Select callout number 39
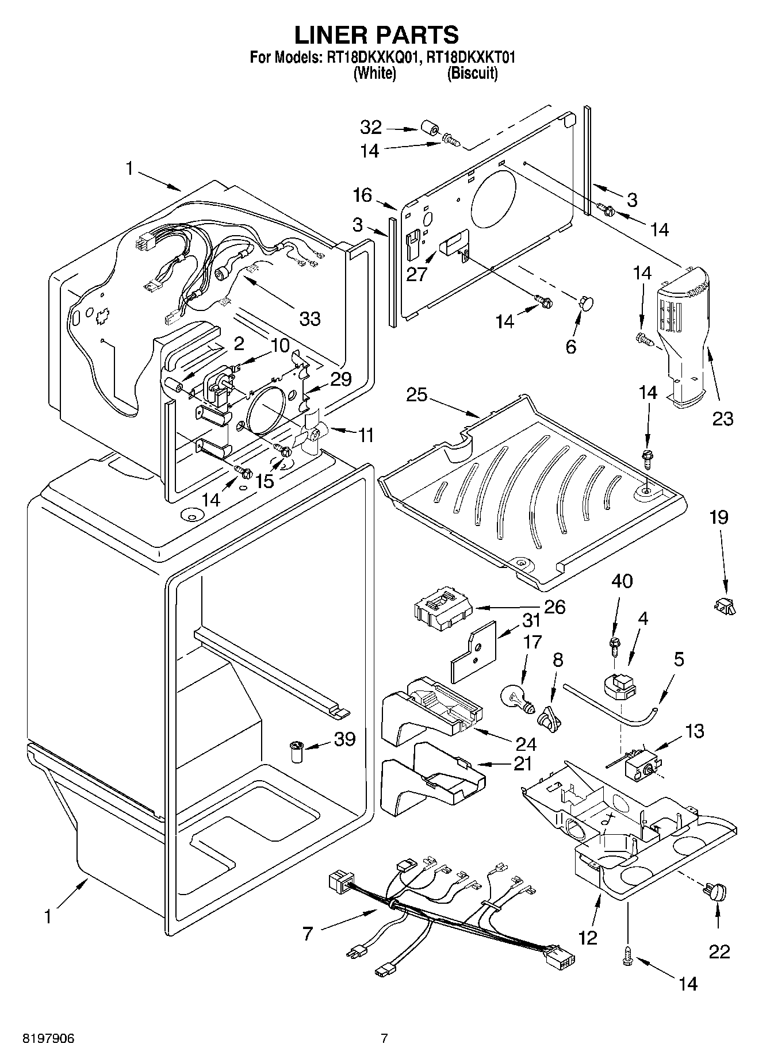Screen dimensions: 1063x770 pos(344,739)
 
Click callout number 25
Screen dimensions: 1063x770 pos(417,396)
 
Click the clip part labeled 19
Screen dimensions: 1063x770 pos(725,605)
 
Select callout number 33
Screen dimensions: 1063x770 pos(310,318)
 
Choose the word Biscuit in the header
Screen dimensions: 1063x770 pos(472,74)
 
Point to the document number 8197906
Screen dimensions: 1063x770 pos(48,1038)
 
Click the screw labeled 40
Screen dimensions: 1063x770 pos(614,645)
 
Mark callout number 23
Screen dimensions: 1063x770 pos(723,419)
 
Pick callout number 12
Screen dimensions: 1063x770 pos(588,938)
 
